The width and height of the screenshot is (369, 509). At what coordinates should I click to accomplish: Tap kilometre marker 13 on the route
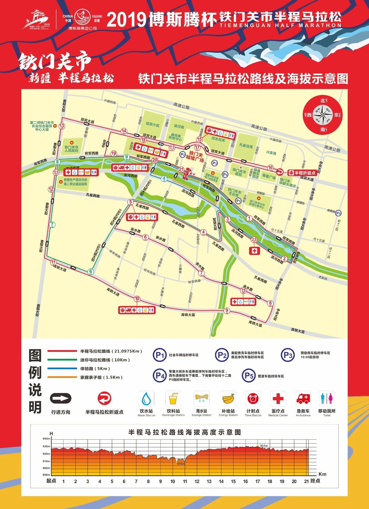[x=61, y=126]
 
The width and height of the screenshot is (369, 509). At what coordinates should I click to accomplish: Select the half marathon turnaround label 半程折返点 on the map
[x=305, y=173]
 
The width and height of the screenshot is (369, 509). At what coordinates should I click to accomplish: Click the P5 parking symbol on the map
[x=338, y=213]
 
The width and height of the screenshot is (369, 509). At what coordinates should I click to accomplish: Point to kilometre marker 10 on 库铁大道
[x=137, y=299]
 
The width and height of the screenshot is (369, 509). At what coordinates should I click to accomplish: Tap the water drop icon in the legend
[x=146, y=399]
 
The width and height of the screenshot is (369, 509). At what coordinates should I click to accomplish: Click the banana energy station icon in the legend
[x=228, y=399]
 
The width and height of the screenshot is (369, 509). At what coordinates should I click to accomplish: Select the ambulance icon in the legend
[x=303, y=399]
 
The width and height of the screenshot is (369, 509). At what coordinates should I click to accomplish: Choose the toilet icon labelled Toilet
[x=327, y=399]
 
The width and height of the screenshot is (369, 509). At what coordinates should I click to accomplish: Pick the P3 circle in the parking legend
[x=288, y=355]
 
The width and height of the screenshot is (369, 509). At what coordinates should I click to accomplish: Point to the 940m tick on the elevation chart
[x=46, y=439]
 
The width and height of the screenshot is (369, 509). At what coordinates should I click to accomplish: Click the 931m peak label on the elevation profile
[x=264, y=446]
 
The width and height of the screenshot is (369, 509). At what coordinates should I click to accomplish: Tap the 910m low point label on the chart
[x=181, y=464]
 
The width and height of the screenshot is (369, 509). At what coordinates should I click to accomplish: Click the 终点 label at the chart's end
[x=315, y=481]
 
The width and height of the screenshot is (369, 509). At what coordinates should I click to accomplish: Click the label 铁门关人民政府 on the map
[x=71, y=149]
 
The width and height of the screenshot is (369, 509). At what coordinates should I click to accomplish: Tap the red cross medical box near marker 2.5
[x=254, y=251]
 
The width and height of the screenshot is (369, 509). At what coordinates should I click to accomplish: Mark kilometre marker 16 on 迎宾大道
[x=270, y=168]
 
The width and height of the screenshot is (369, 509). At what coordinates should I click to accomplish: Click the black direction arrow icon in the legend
[x=61, y=399]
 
